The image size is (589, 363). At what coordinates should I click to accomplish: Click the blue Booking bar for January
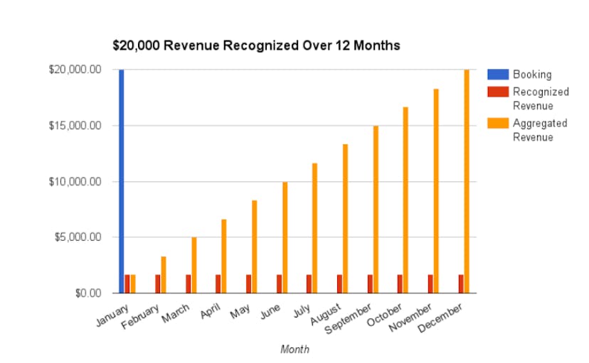[x=122, y=181]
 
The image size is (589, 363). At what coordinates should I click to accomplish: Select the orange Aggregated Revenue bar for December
[x=467, y=181]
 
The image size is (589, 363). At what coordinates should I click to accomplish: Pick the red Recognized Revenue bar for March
[x=188, y=283]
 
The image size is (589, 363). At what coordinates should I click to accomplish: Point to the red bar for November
[x=430, y=283]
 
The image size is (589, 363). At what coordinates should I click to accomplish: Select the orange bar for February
[x=164, y=274]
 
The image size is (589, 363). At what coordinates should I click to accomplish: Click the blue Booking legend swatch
[x=497, y=74]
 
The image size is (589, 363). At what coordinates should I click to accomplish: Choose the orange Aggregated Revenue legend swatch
[x=497, y=123]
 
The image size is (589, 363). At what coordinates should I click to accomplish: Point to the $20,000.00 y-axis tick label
[x=75, y=70]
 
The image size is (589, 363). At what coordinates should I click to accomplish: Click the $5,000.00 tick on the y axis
[x=78, y=237]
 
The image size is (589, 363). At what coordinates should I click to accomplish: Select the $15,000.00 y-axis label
[x=75, y=126]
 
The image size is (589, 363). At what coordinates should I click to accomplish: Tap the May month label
[x=240, y=310]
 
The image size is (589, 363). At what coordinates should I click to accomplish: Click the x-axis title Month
[x=294, y=350]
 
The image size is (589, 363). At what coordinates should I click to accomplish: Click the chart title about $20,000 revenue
[x=256, y=45]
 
